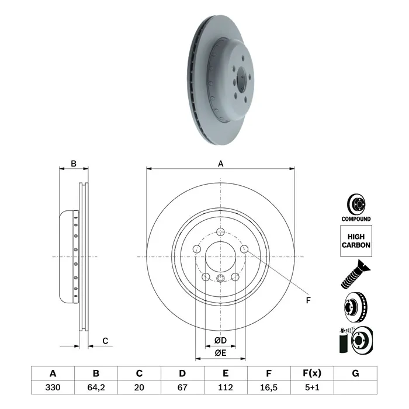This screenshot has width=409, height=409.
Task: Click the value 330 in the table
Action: (53, 387)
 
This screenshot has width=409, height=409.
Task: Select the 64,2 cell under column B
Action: (96, 387)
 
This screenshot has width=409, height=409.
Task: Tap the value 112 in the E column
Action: (226, 387)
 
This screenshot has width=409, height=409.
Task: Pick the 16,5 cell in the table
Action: (269, 387)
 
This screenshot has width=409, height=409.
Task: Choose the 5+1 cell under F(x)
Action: (312, 387)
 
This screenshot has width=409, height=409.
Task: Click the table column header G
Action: (355, 373)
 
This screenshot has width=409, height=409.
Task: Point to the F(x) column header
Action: (312, 373)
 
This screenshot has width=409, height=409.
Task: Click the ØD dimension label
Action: (221, 340)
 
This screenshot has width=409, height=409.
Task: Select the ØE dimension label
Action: (220, 353)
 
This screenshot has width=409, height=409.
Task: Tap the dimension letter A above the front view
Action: (221, 164)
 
